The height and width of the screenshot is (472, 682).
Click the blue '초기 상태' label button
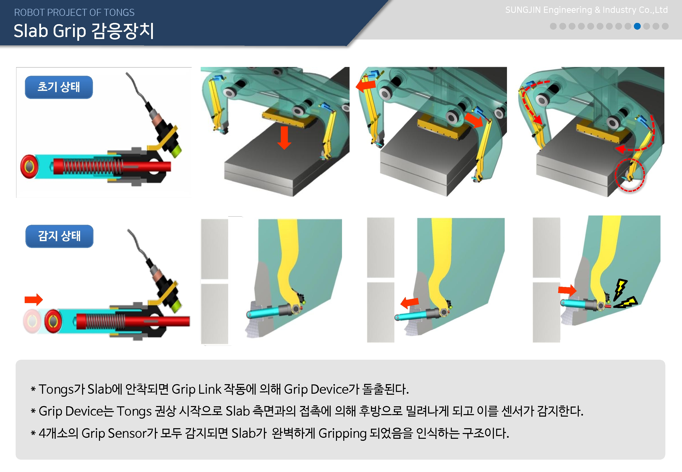coord(59,87)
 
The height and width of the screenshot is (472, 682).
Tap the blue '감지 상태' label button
coord(59,236)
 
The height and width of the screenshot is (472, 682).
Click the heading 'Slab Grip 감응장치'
coord(84,31)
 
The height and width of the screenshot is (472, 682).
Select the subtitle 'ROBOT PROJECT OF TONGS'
coord(74,12)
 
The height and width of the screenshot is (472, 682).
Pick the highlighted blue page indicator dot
coord(637,26)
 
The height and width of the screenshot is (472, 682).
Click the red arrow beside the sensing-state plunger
coord(33,300)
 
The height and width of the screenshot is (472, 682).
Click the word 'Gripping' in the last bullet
coord(342,434)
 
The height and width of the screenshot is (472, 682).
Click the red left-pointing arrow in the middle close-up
coord(410,303)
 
